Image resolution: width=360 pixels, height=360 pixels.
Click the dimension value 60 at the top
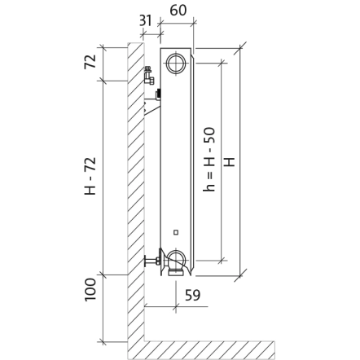click(178, 11)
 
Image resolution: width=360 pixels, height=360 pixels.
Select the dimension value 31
click(146, 20)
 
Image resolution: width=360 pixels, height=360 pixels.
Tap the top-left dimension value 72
click(90, 62)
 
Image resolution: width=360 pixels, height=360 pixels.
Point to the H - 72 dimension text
click(90, 176)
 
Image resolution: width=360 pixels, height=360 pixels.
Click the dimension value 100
click(90, 290)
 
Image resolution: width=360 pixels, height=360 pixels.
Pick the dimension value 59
click(193, 295)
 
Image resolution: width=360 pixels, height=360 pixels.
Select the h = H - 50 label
click(209, 160)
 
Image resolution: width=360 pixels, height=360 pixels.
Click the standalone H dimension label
click(230, 162)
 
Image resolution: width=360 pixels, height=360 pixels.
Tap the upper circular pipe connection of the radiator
click(176, 64)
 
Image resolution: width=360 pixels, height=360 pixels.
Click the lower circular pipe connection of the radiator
click(176, 259)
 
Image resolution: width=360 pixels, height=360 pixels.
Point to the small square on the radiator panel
click(176, 232)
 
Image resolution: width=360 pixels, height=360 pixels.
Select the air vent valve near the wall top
click(149, 75)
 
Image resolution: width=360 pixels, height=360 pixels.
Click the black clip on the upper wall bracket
click(158, 94)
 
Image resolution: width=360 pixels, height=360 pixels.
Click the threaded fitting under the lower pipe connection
click(176, 272)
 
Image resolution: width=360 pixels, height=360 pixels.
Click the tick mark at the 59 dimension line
click(176, 307)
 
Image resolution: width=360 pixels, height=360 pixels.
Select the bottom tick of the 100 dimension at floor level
click(103, 341)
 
